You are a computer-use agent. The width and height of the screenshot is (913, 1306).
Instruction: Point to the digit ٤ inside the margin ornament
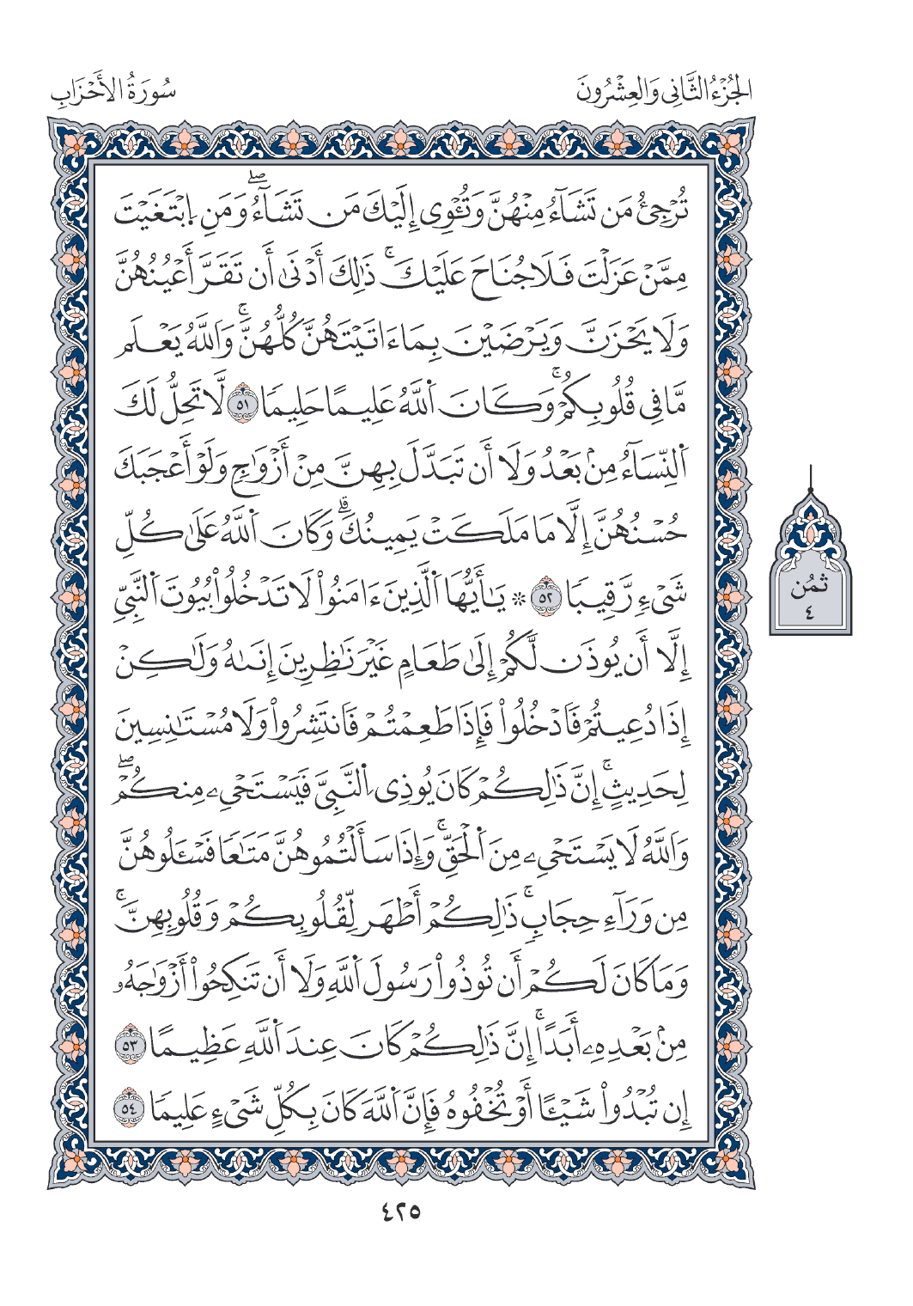[810, 612]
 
